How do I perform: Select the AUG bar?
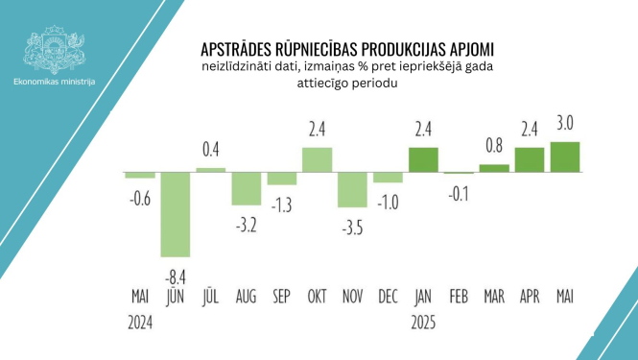coord(246,189)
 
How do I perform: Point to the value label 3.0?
coord(565,123)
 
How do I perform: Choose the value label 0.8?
coord(494,146)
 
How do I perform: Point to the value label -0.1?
coord(459,193)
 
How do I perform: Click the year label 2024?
coord(140,323)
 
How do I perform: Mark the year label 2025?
coord(423,323)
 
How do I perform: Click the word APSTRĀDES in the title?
coord(243,48)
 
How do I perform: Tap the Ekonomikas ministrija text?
coord(55,83)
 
